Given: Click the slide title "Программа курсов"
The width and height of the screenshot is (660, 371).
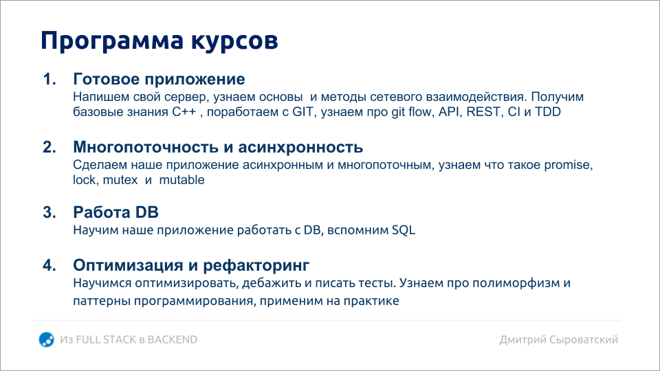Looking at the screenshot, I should pyautogui.click(x=159, y=41).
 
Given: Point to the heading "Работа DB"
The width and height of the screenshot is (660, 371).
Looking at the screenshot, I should pyautogui.click(x=116, y=212).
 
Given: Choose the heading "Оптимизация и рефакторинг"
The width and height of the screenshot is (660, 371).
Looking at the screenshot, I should pyautogui.click(x=191, y=265).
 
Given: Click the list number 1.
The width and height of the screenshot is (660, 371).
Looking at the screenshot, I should pyautogui.click(x=49, y=79).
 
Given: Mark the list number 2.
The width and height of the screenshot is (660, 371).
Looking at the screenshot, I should pyautogui.click(x=49, y=148).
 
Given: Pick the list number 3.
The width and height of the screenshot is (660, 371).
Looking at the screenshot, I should pyautogui.click(x=49, y=213).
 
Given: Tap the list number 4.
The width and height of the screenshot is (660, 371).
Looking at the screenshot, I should pyautogui.click(x=49, y=265).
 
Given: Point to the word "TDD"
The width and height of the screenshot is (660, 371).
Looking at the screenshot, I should pyautogui.click(x=547, y=111).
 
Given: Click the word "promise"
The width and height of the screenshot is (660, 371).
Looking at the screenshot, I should pyautogui.click(x=569, y=166).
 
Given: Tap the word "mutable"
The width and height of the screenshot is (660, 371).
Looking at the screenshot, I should pyautogui.click(x=182, y=180).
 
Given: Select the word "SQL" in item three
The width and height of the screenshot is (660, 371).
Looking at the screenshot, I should pyautogui.click(x=404, y=230).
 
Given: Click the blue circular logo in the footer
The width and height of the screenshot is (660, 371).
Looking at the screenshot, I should pyautogui.click(x=47, y=339).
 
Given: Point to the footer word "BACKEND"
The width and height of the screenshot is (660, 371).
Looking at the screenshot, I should pyautogui.click(x=172, y=339).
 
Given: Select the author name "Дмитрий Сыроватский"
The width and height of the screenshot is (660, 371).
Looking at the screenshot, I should pyautogui.click(x=559, y=339).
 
